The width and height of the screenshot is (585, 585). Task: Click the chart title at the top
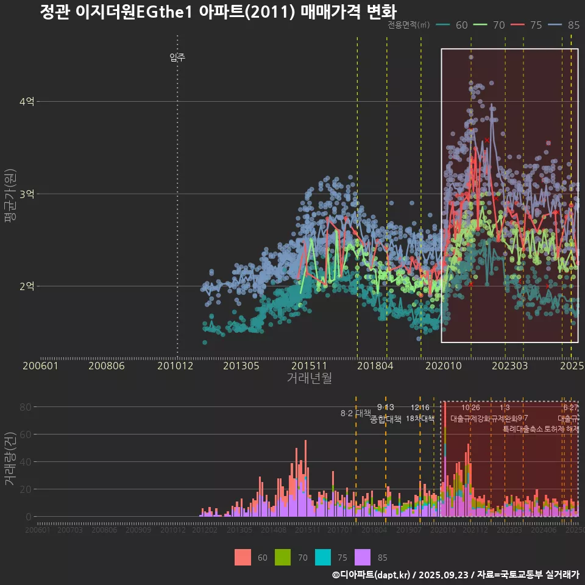(x=218, y=12)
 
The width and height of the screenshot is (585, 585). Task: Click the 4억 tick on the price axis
(x=26, y=102)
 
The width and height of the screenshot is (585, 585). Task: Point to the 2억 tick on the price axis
(x=26, y=286)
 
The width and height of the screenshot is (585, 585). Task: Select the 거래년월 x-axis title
(x=309, y=378)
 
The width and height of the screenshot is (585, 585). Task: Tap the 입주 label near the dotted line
(x=177, y=58)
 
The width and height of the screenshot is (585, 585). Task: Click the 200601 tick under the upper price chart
(x=40, y=366)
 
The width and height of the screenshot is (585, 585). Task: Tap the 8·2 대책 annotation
(x=355, y=413)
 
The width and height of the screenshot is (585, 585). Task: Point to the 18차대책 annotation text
(x=420, y=419)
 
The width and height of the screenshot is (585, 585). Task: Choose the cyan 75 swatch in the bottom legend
(x=323, y=557)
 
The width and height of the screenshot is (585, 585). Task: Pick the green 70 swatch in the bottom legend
(x=283, y=557)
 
